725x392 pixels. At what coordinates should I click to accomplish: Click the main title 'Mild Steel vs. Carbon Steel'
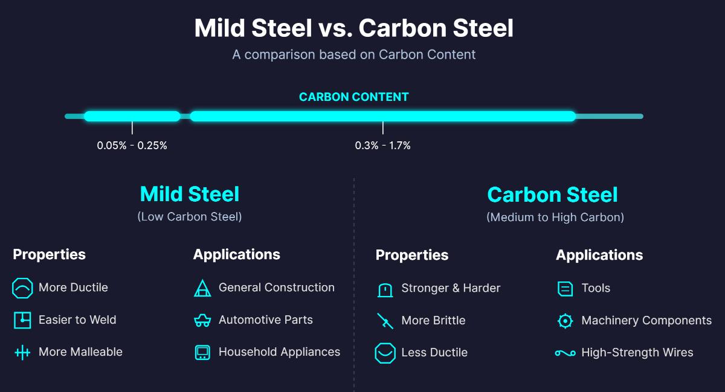[353, 28]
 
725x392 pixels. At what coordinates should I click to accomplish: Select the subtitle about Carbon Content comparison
[353, 54]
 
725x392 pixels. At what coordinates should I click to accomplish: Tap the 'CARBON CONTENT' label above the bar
[353, 97]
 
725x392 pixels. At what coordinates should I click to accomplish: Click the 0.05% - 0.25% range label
[132, 146]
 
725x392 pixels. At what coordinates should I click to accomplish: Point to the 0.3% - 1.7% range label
[382, 146]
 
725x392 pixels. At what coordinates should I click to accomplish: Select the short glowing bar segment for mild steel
[132, 116]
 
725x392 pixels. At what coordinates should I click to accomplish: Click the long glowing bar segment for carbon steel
[382, 116]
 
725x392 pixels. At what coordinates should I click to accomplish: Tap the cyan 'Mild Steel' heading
[189, 194]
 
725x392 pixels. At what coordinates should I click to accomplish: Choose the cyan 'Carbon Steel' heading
[552, 194]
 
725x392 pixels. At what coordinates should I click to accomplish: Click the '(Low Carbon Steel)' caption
[189, 216]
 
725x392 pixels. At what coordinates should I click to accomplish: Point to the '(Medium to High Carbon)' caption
[555, 217]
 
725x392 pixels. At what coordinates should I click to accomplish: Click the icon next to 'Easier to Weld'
[22, 320]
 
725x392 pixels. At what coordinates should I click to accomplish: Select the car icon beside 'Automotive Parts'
[202, 321]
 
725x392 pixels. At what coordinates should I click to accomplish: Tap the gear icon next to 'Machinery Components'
[565, 321]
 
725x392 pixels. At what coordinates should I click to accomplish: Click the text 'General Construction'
[276, 288]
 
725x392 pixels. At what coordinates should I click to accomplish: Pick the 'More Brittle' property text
[433, 320]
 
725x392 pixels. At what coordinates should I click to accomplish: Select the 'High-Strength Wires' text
[637, 352]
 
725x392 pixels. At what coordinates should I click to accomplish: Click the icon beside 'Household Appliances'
[202, 353]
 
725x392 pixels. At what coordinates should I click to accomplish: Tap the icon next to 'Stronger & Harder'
[385, 289]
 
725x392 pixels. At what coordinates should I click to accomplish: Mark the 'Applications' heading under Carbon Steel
[599, 255]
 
